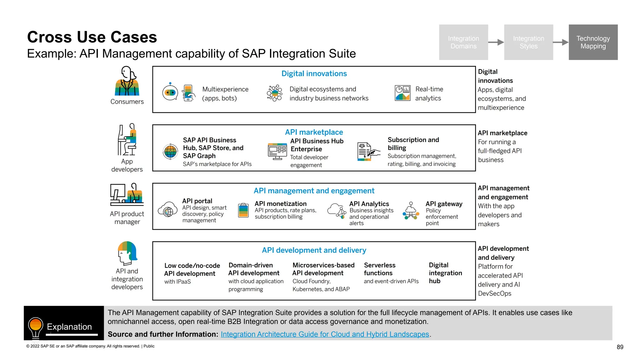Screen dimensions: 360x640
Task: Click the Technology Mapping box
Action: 593,42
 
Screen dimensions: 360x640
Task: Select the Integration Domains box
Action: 463,42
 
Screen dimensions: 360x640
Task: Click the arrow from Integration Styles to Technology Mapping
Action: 561,42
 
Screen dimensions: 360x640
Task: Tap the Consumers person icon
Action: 127,81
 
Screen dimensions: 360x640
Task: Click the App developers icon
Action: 127,139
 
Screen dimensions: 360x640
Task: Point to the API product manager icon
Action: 127,194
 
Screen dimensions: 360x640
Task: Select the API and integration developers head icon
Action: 127,253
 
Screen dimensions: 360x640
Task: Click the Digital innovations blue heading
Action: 314,74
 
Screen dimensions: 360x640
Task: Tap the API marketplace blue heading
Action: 314,132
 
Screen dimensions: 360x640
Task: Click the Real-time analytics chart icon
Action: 402,93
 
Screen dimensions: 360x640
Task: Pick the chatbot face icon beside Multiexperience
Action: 170,92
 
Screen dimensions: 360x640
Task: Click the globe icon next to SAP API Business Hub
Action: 170,152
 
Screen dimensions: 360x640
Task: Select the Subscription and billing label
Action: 413,144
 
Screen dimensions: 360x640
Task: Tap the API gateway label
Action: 444,204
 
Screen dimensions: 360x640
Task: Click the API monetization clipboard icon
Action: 243,210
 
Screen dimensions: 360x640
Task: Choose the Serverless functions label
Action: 379,269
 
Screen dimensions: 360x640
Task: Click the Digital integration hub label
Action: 445,273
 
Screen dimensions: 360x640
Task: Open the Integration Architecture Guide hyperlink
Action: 325,334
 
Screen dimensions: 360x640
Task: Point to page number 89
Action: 620,347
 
